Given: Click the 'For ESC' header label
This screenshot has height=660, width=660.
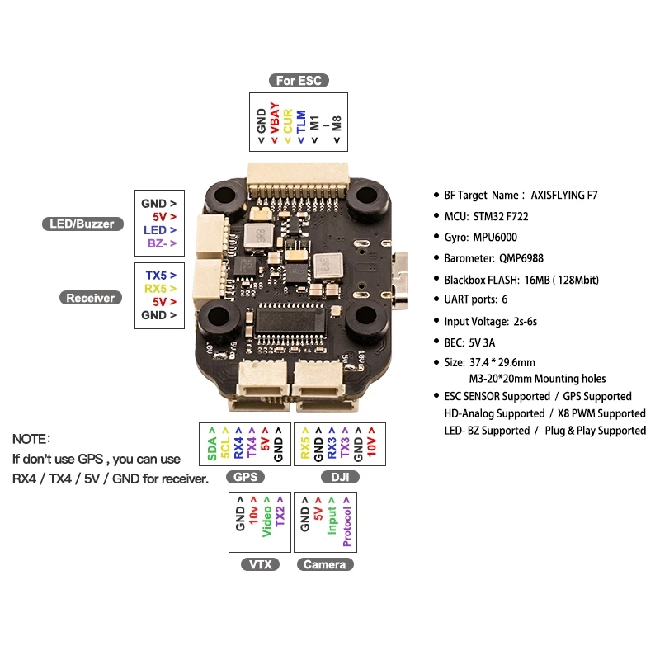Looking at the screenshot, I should [299, 80].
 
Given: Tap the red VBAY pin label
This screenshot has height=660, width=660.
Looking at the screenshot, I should [274, 123].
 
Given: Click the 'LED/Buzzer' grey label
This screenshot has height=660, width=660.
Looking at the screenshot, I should [82, 224].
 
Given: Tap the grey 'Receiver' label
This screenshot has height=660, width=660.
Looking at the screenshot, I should [91, 298].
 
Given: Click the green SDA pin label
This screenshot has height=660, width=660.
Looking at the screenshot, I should [212, 446].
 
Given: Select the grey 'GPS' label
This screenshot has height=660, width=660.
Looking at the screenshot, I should [246, 477].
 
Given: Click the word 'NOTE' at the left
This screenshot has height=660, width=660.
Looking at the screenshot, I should [31, 439].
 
